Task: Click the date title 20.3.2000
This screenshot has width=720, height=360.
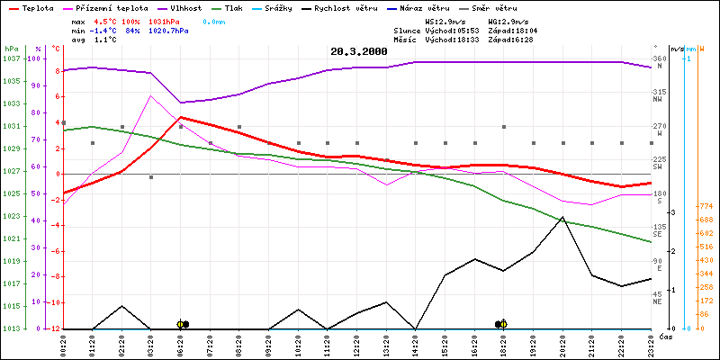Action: pyautogui.click(x=358, y=52)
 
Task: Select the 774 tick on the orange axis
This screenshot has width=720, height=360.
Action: pyautogui.click(x=706, y=205)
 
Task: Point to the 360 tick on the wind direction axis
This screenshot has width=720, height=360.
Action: pyautogui.click(x=659, y=58)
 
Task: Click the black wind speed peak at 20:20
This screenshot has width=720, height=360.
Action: pyautogui.click(x=562, y=217)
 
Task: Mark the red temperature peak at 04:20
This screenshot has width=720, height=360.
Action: pyautogui.click(x=181, y=117)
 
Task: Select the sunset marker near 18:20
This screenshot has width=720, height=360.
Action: pyautogui.click(x=501, y=324)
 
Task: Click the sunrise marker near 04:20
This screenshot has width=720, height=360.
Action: pyautogui.click(x=183, y=324)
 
